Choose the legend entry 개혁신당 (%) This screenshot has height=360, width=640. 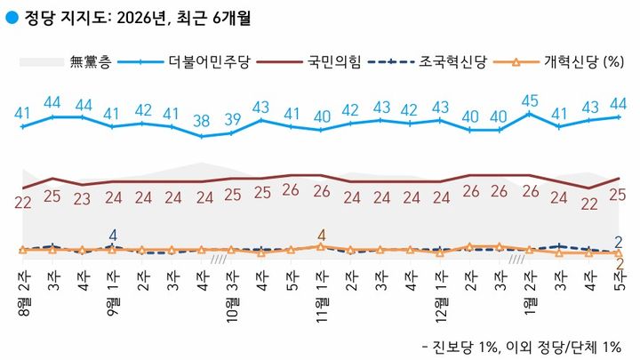click(577, 62)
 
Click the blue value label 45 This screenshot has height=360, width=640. click(531, 100)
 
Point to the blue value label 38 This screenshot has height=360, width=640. click(202, 121)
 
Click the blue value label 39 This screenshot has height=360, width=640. click(232, 119)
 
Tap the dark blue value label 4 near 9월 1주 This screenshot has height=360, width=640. click(112, 236)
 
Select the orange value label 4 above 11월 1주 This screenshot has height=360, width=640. click(321, 236)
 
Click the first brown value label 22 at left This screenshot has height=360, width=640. click(23, 203)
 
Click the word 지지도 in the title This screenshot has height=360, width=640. click(86, 15)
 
